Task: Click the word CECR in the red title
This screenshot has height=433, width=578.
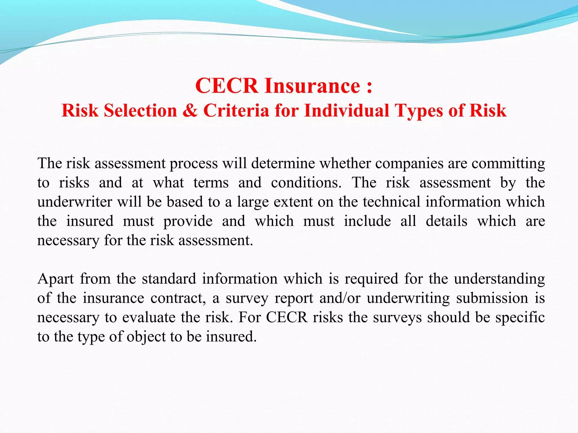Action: coord(226,85)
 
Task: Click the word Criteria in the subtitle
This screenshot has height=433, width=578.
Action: coord(236,111)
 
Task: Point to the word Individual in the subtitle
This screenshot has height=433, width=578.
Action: coord(347,111)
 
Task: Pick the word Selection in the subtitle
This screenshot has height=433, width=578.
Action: coord(141,111)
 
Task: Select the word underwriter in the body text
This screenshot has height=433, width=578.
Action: coord(75,202)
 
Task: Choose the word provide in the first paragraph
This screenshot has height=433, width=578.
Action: coord(188,221)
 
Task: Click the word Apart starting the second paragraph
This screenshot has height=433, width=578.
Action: coord(56,279)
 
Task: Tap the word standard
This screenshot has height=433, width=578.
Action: coord(169,279)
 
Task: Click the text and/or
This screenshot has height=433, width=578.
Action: coord(340,298)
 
